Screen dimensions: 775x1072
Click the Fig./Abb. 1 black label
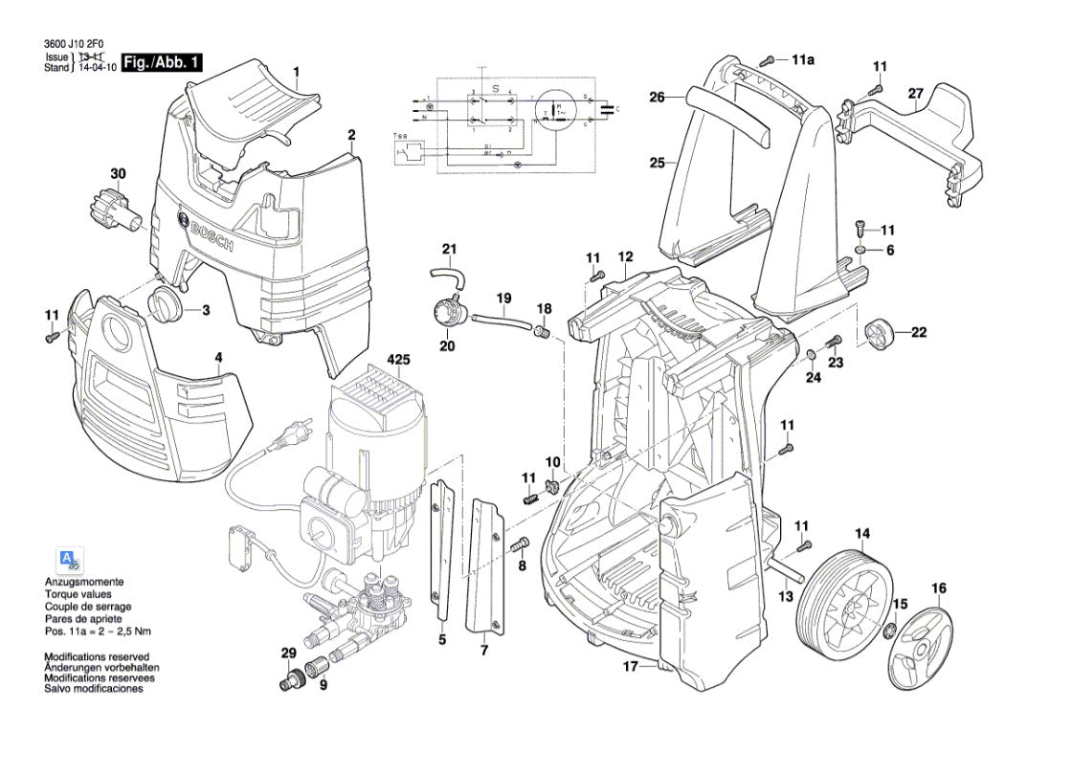click(x=163, y=63)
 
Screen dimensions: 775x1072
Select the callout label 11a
click(x=802, y=60)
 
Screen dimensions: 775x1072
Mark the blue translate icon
click(x=69, y=562)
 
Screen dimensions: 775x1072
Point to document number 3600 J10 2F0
click(x=78, y=43)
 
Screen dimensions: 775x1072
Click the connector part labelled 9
click(x=319, y=666)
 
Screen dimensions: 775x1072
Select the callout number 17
click(x=630, y=667)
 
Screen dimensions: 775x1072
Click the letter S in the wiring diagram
click(x=496, y=87)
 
